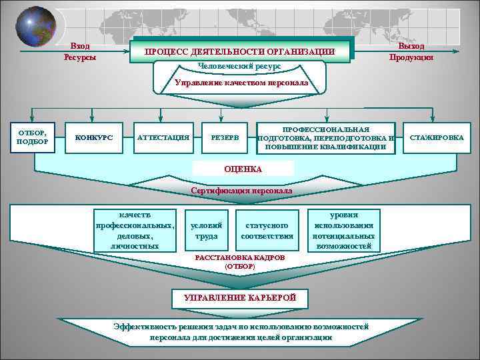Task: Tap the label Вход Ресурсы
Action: coord(80,51)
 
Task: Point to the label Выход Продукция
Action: coord(411,51)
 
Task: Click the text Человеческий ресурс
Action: coord(239,67)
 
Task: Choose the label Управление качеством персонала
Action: coord(241,83)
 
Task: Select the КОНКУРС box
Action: coord(94,137)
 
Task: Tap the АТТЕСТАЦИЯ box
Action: coord(163,137)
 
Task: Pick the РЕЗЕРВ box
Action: coord(225,137)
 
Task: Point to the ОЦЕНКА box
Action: coord(243,168)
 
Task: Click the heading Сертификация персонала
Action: coord(241,191)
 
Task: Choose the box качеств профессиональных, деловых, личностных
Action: coord(137,230)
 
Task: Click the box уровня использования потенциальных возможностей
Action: coord(344,230)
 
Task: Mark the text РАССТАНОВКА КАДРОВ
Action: coord(239,257)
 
